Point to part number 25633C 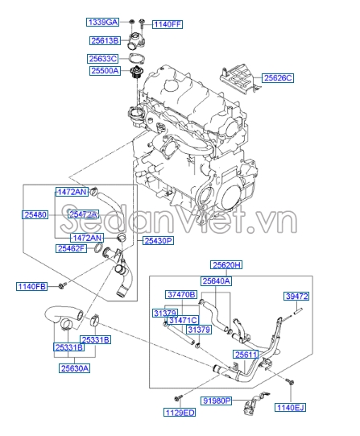[x=103, y=59]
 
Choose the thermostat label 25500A [x=104, y=71]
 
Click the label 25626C [x=279, y=78]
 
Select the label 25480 [x=36, y=215]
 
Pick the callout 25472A [x=83, y=214]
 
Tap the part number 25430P [x=159, y=240]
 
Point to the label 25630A [x=74, y=368]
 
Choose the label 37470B [x=181, y=295]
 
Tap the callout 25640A [x=216, y=281]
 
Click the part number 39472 [x=296, y=297]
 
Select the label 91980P [x=216, y=400]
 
